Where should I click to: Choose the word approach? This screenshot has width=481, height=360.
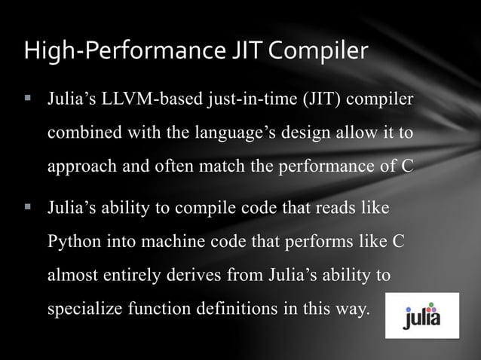pyautogui.click(x=81, y=166)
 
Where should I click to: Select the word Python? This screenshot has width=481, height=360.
pyautogui.click(x=72, y=243)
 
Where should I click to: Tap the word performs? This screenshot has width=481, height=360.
pyautogui.click(x=328, y=243)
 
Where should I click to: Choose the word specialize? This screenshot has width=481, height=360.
pyautogui.click(x=82, y=309)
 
